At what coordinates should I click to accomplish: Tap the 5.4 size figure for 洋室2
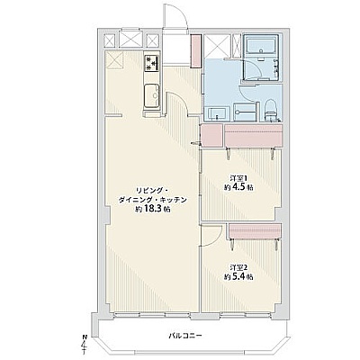click(239, 276)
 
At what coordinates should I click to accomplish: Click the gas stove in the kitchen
click(152, 63)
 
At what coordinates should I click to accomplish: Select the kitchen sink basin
click(152, 95)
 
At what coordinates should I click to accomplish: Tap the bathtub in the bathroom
click(261, 45)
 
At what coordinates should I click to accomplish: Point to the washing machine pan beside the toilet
click(245, 112)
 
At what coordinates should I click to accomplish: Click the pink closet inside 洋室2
click(255, 231)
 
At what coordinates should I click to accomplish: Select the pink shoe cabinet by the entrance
click(195, 51)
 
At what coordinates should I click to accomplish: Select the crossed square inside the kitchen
click(113, 59)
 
